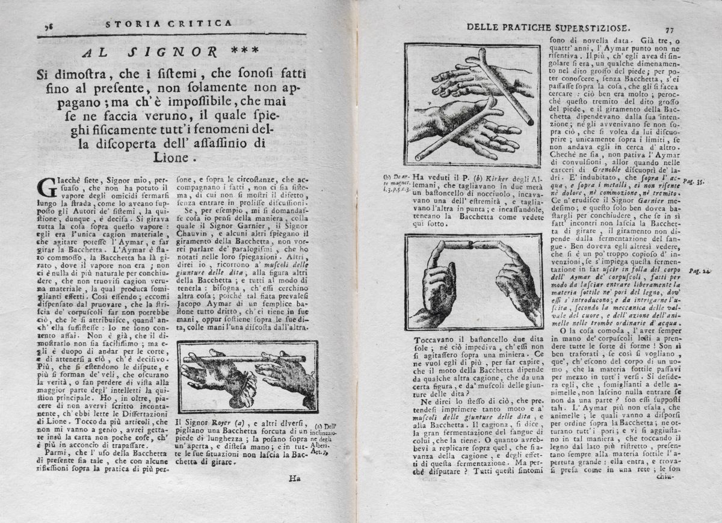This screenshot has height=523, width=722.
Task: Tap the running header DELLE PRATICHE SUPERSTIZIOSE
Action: [x=548, y=26]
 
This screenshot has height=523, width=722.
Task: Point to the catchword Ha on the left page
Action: [x=294, y=478]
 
